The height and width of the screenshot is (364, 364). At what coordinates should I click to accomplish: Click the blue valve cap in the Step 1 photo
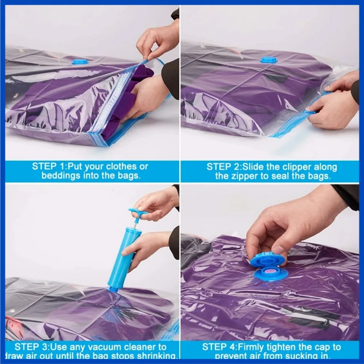click(x=80, y=62)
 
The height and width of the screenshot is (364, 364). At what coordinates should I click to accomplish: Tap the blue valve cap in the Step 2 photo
click(x=269, y=60)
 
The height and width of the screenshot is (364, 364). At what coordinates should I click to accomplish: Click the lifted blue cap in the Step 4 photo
click(x=268, y=260)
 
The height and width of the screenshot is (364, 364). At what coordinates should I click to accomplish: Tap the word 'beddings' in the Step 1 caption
click(x=61, y=176)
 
